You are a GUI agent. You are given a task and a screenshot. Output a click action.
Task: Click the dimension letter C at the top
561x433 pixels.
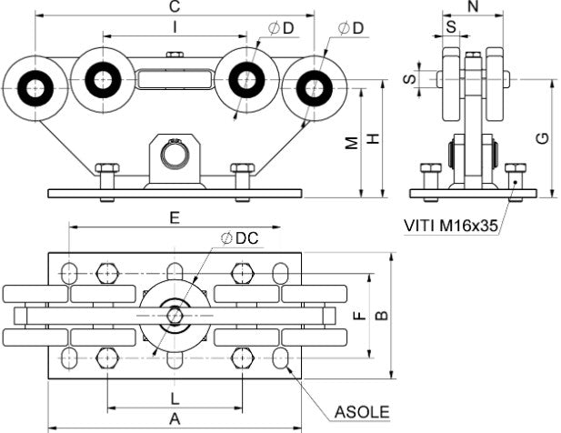pos(174,7)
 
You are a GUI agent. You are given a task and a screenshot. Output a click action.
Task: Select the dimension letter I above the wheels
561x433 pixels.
pos(174,28)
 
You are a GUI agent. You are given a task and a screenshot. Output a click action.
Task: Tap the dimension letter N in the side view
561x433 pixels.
pos(472,7)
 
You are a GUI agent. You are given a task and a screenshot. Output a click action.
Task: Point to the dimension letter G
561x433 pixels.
pos(542,138)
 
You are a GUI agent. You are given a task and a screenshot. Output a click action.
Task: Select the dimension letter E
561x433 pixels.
pos(174,218)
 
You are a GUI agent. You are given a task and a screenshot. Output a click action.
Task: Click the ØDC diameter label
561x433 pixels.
pos(240,238)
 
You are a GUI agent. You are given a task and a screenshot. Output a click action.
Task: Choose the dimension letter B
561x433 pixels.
pos(383,315)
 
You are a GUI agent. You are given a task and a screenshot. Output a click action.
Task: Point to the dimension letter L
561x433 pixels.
pos(175,398)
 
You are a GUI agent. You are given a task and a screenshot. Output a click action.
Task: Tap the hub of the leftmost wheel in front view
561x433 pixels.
pos(35,88)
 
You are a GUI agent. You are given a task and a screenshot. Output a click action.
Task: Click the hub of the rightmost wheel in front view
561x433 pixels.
pos(315,88)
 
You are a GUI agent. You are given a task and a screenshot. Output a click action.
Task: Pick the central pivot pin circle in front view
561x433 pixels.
pos(175,155)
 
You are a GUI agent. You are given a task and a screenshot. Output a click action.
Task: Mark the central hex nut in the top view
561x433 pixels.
pos(175,316)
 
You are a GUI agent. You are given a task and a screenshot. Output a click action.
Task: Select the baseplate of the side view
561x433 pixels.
pos(472,194)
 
